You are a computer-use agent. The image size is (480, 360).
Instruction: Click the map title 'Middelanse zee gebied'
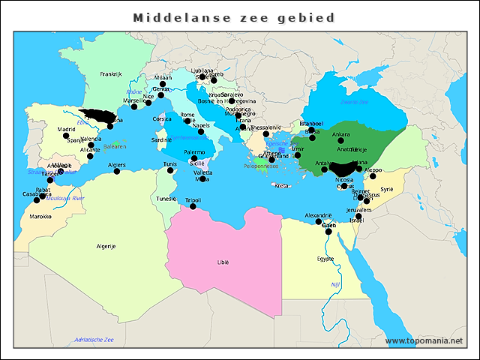pyautogui.click(x=233, y=16)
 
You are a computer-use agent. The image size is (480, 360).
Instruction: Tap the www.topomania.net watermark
pyautogui.click(x=424, y=340)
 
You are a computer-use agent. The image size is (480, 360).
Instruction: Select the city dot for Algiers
pyautogui.click(x=116, y=171)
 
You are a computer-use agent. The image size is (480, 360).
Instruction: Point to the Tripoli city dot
pyautogui.click(x=193, y=206)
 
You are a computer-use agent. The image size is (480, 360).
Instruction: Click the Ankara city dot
pyautogui.click(x=340, y=141)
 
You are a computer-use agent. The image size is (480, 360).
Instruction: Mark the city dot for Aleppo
pyautogui.click(x=373, y=176)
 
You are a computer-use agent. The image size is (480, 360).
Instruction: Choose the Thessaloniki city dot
pyautogui.click(x=266, y=134)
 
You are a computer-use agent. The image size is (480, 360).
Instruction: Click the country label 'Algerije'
pyautogui.click(x=106, y=246)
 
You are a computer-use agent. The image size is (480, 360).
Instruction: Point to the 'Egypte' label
pyautogui.click(x=325, y=259)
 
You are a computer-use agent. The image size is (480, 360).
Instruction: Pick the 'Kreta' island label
pyautogui.click(x=281, y=185)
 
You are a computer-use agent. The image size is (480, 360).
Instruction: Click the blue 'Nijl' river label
pyautogui.click(x=335, y=284)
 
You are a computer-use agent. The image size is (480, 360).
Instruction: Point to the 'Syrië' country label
pyautogui.click(x=386, y=190)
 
